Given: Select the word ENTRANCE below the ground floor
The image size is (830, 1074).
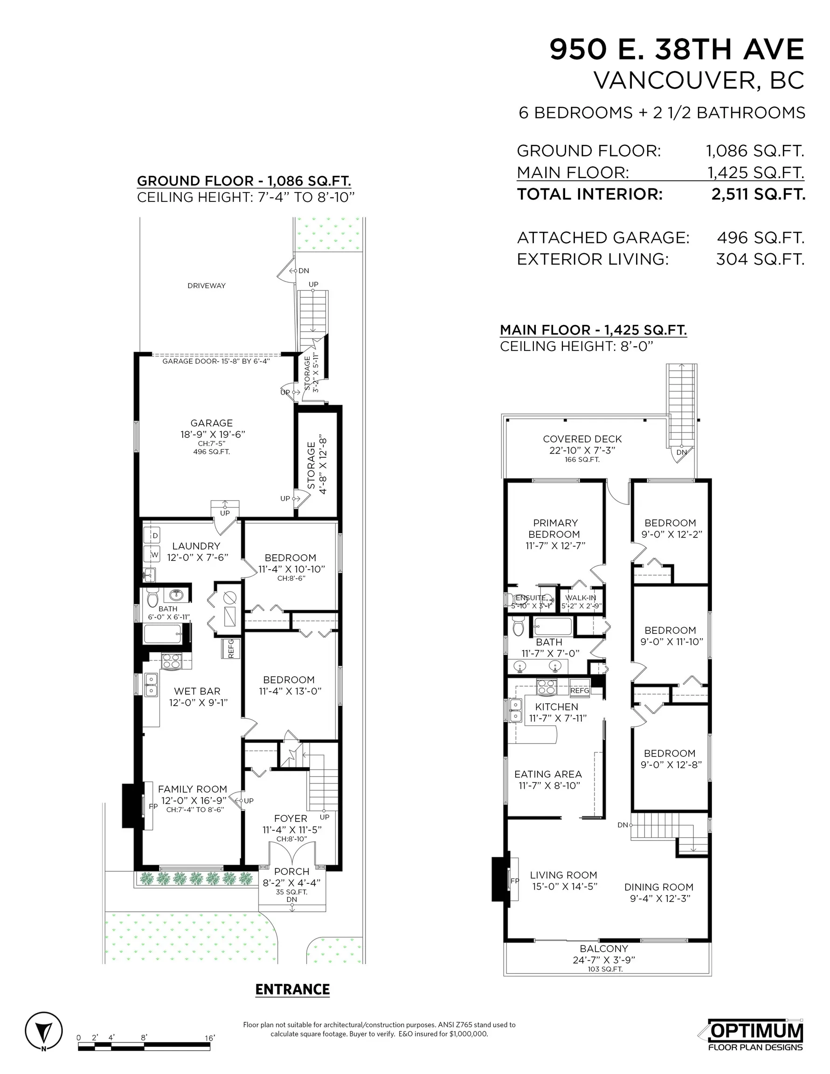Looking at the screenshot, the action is tap(292, 990).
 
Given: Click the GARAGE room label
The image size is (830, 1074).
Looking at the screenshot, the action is tap(212, 423).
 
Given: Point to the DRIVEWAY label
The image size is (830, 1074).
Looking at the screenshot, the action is tap(206, 286).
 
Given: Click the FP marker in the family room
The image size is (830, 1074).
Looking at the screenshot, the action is tap(153, 806).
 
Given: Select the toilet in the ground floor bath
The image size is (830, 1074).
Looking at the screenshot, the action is tap(152, 598).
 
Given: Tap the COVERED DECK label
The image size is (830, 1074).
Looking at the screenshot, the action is tap(582, 439).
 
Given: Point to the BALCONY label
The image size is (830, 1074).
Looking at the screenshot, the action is tap(604, 949).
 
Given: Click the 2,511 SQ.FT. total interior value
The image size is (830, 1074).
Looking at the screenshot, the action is tap(758, 194).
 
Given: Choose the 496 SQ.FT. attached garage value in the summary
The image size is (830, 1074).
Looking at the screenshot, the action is tap(761, 238).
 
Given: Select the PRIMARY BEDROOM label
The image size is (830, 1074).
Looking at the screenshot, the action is tap(555, 529).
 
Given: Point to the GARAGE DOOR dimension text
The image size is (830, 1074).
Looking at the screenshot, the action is tap(216, 361).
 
